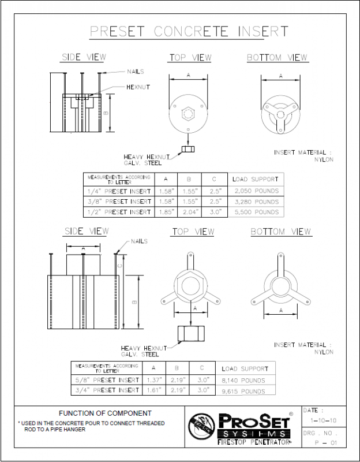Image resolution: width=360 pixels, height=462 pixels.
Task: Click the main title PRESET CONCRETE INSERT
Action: pos(189,31)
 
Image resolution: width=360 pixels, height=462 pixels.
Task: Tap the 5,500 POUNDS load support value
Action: pos(255,212)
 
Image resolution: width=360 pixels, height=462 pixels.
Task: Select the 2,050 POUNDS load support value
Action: pos(255,191)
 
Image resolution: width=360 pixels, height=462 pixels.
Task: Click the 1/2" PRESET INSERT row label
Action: pos(119,212)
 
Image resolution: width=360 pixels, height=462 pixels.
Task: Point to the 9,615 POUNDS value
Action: pos(242,391)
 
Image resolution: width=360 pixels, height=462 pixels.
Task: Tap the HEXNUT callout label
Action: pos(138,87)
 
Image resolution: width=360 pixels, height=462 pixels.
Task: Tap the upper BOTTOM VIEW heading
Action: pos(277,58)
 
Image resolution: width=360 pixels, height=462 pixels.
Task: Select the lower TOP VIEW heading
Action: pos(193,232)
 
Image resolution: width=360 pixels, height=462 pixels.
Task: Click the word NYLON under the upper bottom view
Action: pos(323,159)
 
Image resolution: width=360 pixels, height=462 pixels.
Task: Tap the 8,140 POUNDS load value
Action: pos(242,380)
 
